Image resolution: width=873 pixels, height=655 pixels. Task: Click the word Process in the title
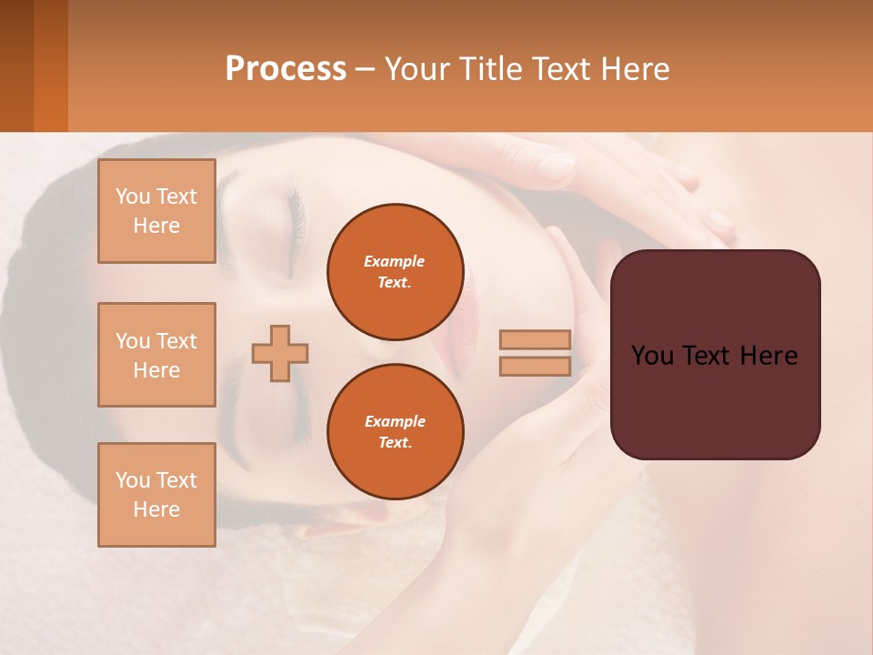[x=286, y=69]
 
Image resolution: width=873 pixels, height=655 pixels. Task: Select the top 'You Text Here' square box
[x=156, y=211]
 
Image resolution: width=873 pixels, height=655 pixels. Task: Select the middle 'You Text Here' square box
[x=156, y=355]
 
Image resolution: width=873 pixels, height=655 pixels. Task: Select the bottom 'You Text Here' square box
[x=156, y=495]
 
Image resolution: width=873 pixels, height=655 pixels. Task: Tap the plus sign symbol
[x=280, y=353]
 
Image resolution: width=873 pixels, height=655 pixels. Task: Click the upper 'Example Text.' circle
[x=396, y=271]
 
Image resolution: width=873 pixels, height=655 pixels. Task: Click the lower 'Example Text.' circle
[x=396, y=431]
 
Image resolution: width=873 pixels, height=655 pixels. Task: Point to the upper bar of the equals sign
[x=535, y=339]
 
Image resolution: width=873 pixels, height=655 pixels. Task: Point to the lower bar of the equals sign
[x=535, y=367]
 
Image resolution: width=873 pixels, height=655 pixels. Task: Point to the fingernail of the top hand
[x=555, y=166]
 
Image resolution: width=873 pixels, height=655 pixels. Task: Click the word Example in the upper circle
[x=395, y=261]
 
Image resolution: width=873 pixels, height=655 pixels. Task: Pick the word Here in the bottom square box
[x=156, y=509]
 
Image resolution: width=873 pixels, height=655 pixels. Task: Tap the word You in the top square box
[x=133, y=196]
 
